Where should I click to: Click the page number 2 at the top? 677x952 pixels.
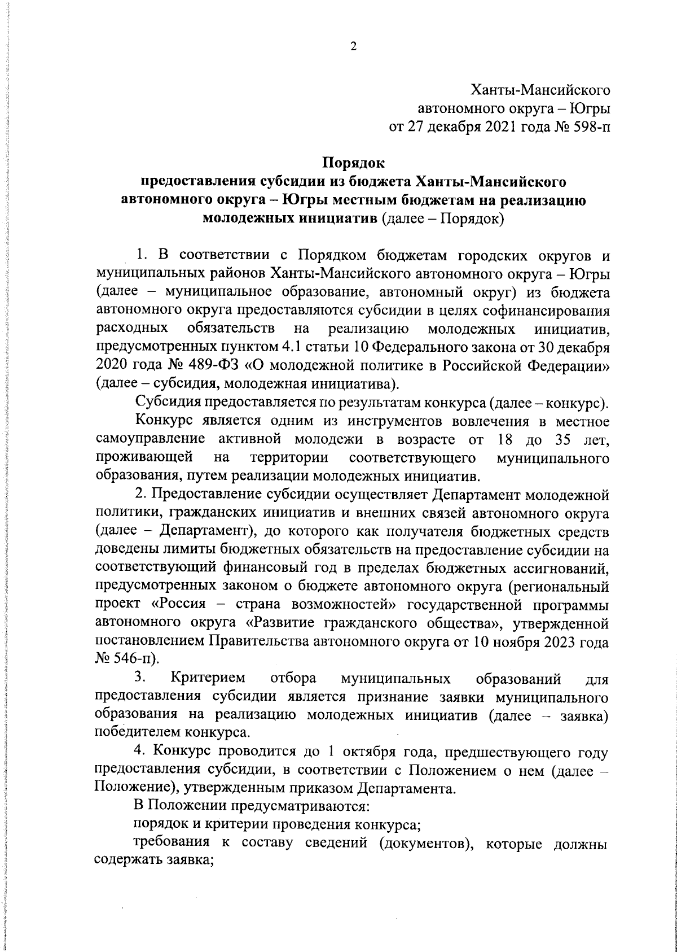tap(353, 47)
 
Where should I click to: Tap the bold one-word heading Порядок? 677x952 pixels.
tap(353, 163)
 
